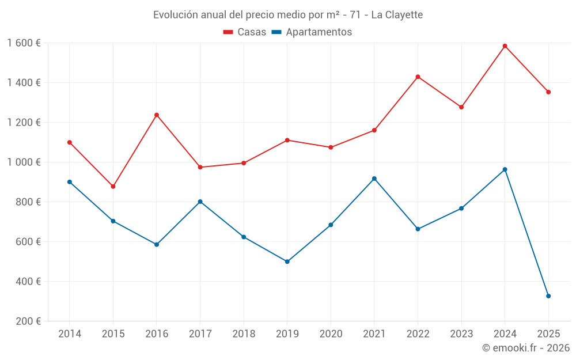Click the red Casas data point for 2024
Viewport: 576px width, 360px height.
tap(505, 46)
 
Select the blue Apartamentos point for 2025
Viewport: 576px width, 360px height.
tap(548, 296)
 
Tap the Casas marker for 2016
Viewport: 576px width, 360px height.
tap(157, 115)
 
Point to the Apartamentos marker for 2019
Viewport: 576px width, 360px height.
tap(287, 262)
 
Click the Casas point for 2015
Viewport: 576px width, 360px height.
tap(113, 187)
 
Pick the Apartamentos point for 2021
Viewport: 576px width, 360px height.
tap(374, 179)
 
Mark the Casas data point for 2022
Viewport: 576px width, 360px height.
tap(418, 77)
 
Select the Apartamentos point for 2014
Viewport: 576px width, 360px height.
tap(70, 182)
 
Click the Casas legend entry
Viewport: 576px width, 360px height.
tap(245, 32)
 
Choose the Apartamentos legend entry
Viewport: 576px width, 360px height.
tap(312, 32)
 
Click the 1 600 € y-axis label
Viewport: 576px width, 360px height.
tap(24, 43)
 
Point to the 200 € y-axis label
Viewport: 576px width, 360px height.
tap(29, 321)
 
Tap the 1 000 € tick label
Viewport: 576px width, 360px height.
tap(24, 162)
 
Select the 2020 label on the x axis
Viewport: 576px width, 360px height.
tap(331, 334)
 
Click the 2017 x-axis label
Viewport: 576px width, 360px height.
tap(200, 334)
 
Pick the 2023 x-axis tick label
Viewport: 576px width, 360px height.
tap(461, 334)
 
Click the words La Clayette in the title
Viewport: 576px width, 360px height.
tap(397, 14)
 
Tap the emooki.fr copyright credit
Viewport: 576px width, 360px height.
tap(526, 348)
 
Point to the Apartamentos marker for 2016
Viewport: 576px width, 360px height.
tap(157, 245)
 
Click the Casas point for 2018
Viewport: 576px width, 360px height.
tap(244, 163)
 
